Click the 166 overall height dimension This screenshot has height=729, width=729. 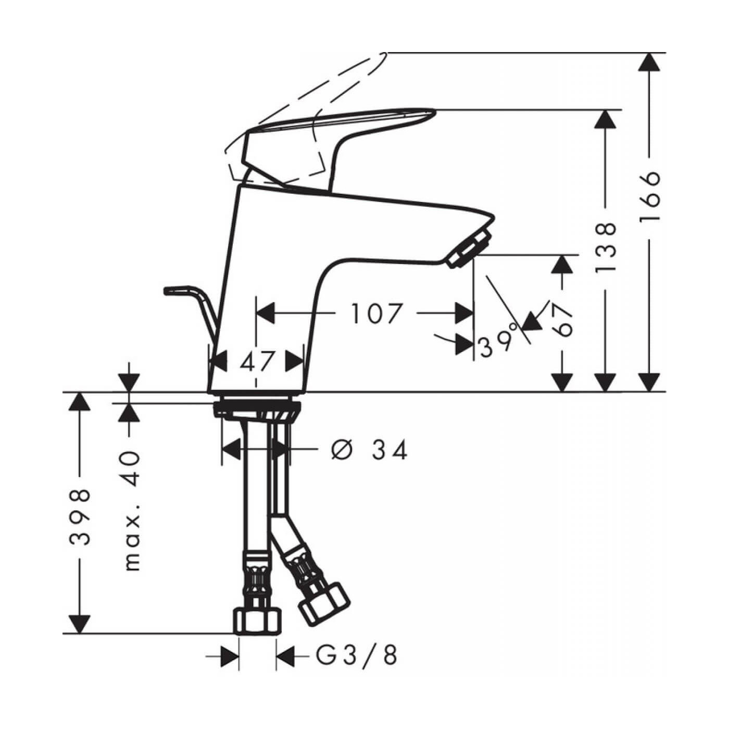(x=649, y=196)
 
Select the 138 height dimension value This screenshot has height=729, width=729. (x=606, y=247)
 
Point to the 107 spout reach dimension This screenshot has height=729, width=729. (x=376, y=313)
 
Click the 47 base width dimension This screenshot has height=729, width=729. (x=257, y=361)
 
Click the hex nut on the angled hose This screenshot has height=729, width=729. (x=323, y=603)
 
